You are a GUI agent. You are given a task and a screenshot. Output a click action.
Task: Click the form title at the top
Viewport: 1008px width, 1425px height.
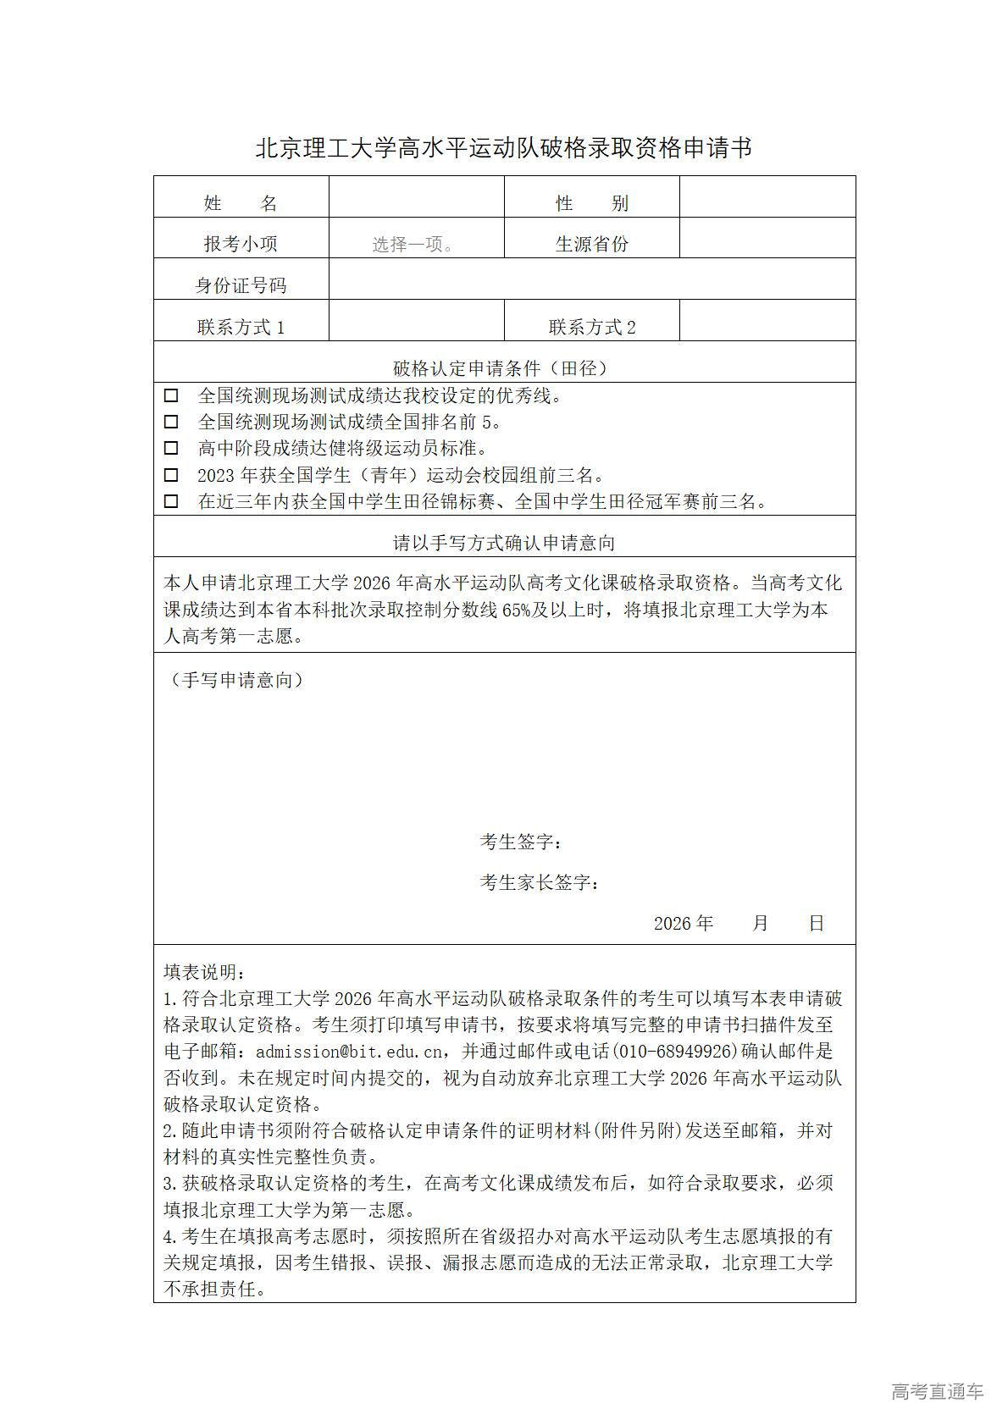tap(504, 149)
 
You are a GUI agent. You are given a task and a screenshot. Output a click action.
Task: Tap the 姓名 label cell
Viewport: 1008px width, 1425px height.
tap(241, 202)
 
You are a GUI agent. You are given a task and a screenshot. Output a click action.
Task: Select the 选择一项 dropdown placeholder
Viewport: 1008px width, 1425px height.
tap(413, 245)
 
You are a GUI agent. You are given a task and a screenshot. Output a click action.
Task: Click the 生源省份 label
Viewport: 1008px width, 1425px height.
tap(591, 244)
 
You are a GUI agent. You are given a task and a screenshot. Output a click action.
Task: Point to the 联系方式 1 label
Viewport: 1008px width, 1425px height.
tap(241, 327)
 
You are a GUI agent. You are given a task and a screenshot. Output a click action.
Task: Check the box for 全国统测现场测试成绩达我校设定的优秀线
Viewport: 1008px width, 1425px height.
tap(171, 395)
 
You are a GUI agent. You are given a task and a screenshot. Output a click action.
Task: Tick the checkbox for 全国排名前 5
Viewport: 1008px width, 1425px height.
tap(171, 422)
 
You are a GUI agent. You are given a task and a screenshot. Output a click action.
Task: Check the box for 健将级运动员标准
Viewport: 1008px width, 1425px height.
tap(171, 448)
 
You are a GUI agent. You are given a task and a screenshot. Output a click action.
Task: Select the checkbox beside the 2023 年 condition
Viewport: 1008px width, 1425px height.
tap(171, 475)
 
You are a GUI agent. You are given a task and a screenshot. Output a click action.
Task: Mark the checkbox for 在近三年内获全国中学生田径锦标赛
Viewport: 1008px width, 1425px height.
tap(171, 501)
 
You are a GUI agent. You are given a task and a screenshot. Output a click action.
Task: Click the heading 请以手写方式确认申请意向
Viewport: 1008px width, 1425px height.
tap(503, 543)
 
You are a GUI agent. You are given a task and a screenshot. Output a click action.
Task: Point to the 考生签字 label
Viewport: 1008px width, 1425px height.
tap(520, 842)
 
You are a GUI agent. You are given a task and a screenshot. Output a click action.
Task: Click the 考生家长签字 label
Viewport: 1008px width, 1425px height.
tap(539, 882)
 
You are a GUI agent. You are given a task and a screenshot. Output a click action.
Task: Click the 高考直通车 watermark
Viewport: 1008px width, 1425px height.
tap(937, 1391)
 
